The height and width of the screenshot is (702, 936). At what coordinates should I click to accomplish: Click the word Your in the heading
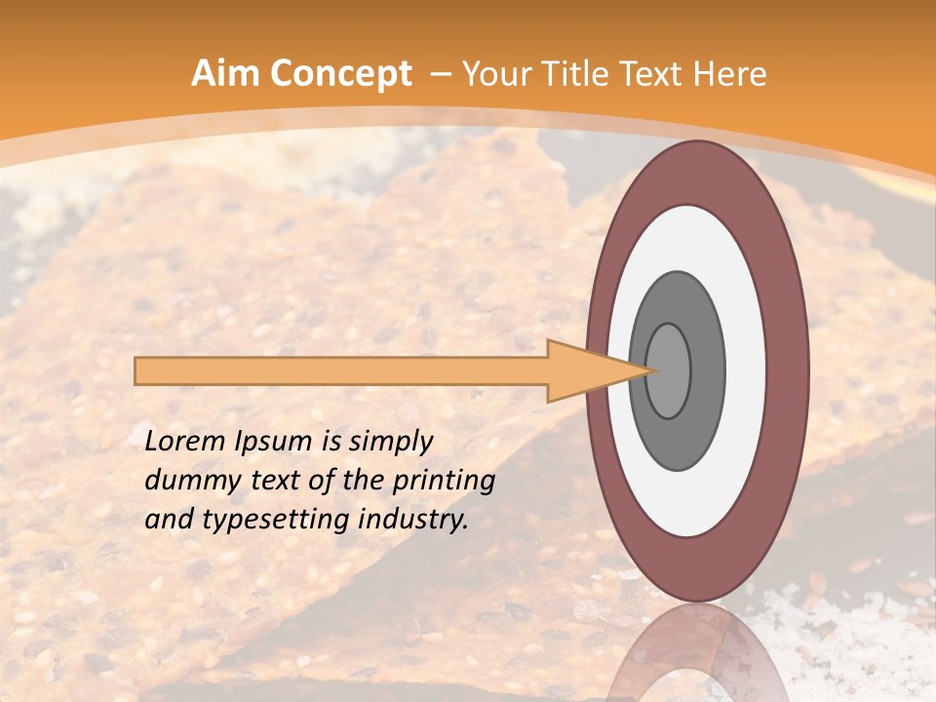coord(500,74)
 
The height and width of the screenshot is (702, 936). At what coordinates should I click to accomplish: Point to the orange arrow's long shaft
coord(341,370)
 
